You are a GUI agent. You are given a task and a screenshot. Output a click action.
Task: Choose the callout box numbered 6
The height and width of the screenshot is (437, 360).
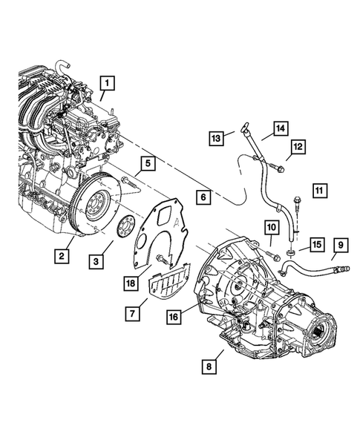click(x=202, y=197)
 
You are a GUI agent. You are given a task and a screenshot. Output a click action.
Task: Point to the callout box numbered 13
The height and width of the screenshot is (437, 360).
click(x=216, y=139)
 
